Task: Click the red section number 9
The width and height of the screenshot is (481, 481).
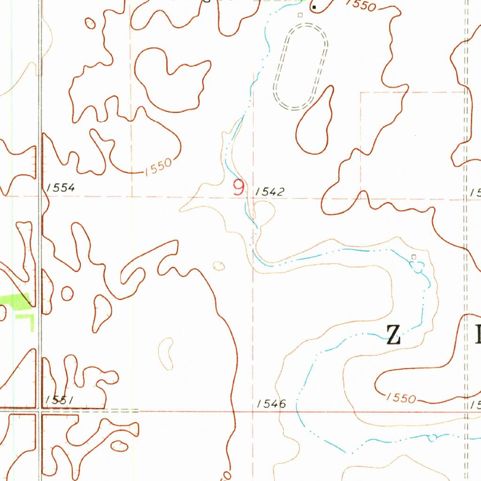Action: tap(239, 188)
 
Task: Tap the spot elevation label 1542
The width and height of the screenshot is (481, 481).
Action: tap(270, 192)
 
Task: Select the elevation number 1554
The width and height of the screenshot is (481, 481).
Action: tap(61, 188)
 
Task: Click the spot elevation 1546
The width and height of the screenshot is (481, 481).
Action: tap(272, 403)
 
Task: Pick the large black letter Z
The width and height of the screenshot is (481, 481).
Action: tap(393, 335)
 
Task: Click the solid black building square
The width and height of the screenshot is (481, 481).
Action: tap(314, 7)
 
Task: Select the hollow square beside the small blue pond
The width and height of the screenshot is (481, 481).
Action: tap(413, 256)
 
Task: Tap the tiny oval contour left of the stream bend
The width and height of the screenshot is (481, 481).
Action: tap(219, 266)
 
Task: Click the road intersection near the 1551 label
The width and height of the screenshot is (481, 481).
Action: tap(39, 412)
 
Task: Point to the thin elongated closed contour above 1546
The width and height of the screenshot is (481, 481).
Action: tap(166, 352)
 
